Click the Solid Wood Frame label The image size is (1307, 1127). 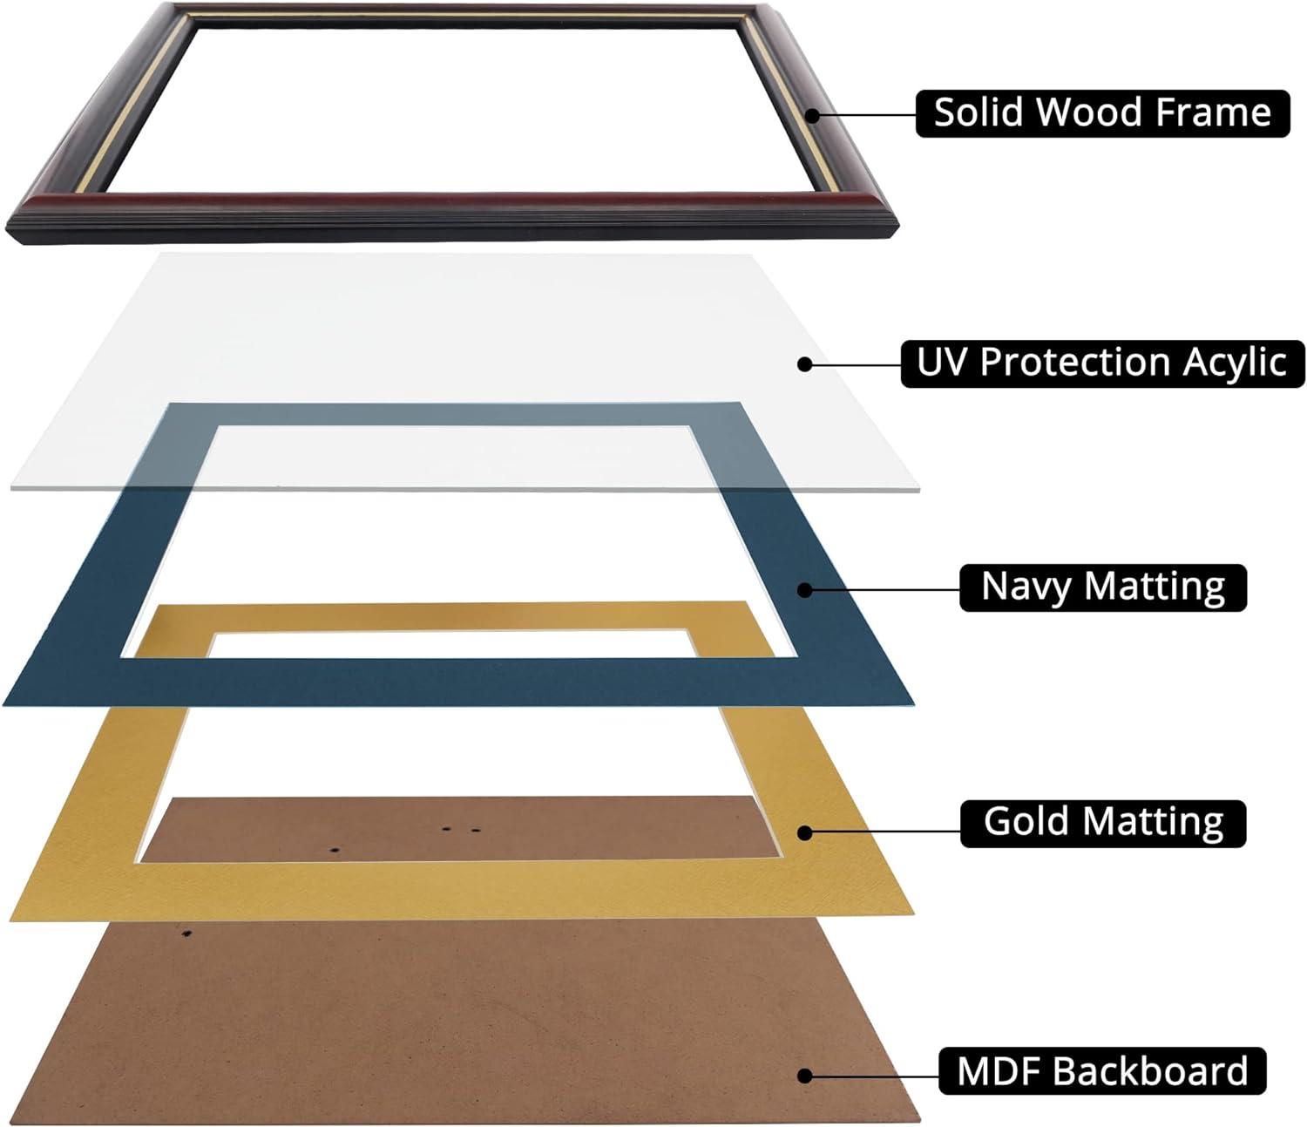(1103, 113)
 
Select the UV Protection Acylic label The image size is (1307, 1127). (1103, 363)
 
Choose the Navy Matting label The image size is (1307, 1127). (1103, 587)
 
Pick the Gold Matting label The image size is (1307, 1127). (1103, 824)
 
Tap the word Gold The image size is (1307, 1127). (1027, 822)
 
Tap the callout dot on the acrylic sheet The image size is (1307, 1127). (804, 364)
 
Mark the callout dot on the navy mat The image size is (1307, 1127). (804, 590)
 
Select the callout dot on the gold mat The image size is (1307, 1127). (804, 833)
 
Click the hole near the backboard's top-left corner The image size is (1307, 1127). (186, 933)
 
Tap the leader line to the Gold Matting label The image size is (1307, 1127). (882, 829)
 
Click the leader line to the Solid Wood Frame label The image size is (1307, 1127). (864, 115)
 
